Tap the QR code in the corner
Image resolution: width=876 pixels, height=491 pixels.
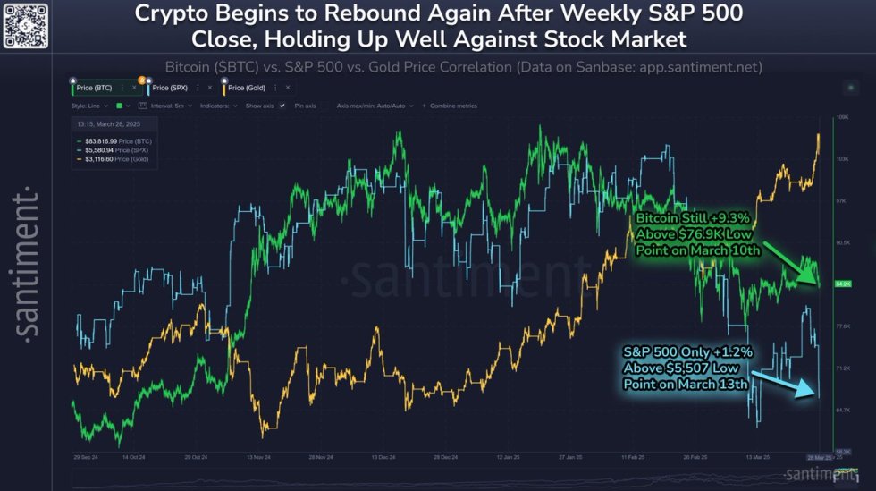(25, 24)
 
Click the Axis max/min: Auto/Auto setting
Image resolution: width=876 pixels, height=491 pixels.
(372, 106)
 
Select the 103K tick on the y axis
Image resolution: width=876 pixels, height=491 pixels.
(841, 158)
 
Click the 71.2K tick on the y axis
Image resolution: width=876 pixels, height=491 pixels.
(841, 368)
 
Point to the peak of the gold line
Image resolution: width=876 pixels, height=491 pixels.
(818, 135)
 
